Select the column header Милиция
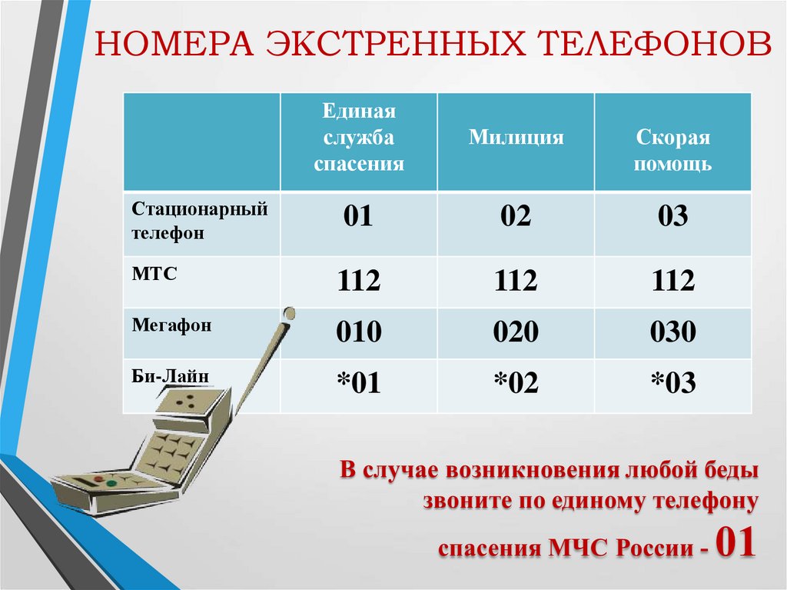click(x=516, y=138)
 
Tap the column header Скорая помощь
click(x=673, y=151)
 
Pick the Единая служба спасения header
click(x=359, y=138)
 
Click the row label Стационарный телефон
click(x=199, y=221)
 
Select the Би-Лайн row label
click(x=169, y=375)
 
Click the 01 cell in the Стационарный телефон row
click(x=358, y=217)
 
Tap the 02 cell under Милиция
click(x=516, y=217)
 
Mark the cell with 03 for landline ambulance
click(x=673, y=217)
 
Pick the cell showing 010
click(x=358, y=332)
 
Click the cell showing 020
click(x=516, y=332)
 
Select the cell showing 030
click(x=673, y=332)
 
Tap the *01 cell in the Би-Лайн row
click(x=358, y=382)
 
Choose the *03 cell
click(x=673, y=382)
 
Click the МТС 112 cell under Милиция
click(x=516, y=282)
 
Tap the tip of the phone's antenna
click(x=289, y=313)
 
